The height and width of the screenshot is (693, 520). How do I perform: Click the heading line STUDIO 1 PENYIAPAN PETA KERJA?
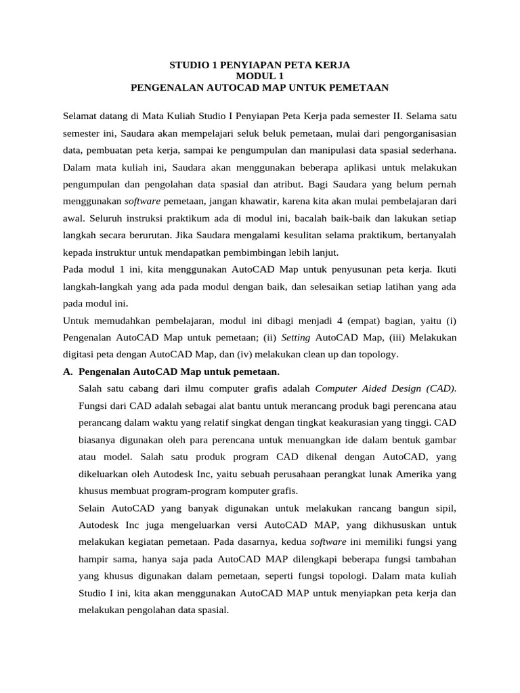(259, 66)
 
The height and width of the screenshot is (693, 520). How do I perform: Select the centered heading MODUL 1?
(259, 76)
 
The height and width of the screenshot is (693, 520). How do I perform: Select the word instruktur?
(125, 252)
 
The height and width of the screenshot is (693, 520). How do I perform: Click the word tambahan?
(435, 559)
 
